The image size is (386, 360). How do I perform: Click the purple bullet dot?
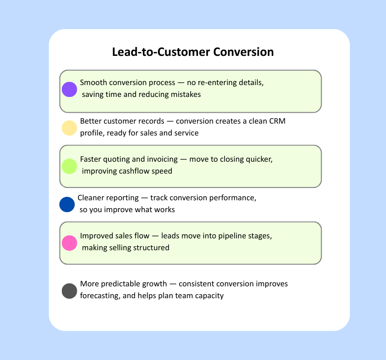tap(69, 89)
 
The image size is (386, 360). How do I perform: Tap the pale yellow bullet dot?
tap(69, 128)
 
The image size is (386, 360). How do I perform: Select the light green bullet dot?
tap(69, 166)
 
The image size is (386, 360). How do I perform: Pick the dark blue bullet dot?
tap(66, 204)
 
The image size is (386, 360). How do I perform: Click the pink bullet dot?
tap(69, 243)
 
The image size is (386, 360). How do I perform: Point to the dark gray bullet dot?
tap(69, 291)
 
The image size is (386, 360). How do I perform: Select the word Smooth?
tap(93, 83)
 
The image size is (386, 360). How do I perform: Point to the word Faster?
tap(92, 160)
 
